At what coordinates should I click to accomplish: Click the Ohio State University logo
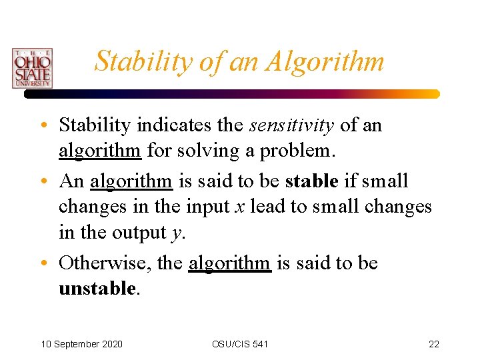[31, 68]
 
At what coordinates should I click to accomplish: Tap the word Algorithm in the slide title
[325, 61]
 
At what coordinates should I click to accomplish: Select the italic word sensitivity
[291, 125]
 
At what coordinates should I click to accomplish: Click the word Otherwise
[104, 263]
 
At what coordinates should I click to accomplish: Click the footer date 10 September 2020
[81, 344]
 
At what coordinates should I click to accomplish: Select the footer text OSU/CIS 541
[240, 344]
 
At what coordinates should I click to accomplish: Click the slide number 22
[433, 344]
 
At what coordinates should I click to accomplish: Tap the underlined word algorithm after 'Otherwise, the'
[230, 263]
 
